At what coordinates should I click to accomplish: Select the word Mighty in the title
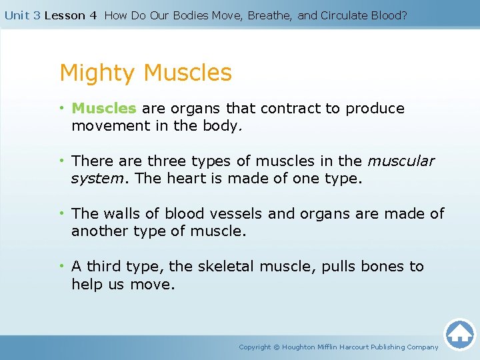(x=98, y=73)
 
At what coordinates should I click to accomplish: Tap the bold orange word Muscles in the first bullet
(x=103, y=108)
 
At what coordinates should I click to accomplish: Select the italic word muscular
(x=401, y=161)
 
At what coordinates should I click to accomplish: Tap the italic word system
(x=96, y=178)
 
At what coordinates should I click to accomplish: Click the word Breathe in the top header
(x=269, y=15)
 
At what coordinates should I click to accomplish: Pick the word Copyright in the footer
(x=255, y=347)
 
